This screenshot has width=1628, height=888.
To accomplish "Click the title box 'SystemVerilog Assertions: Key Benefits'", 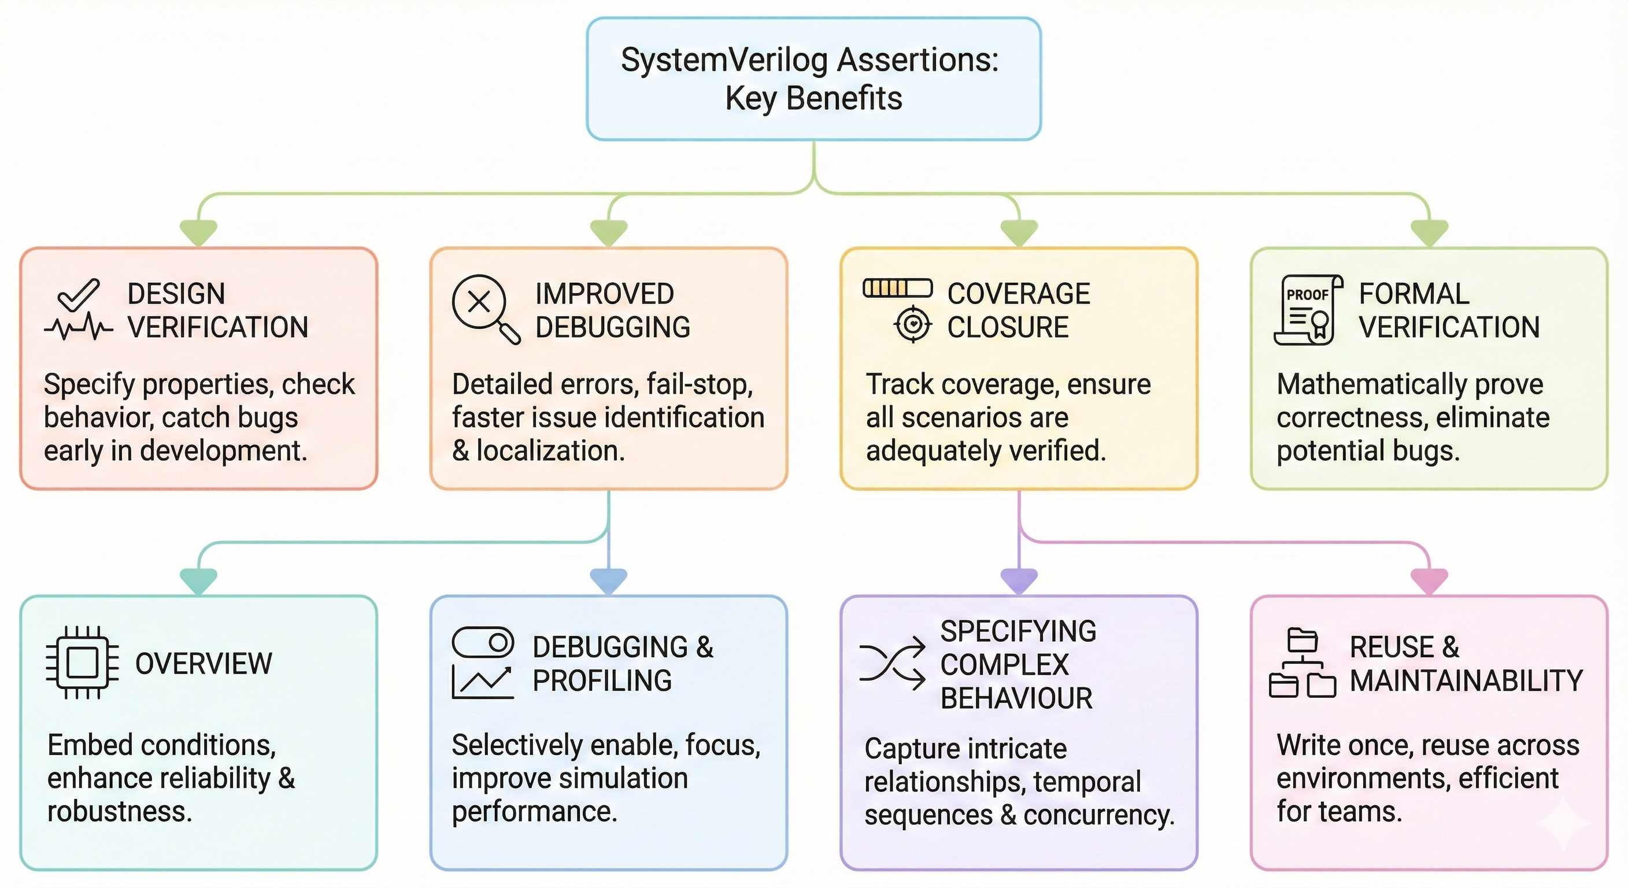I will tap(813, 79).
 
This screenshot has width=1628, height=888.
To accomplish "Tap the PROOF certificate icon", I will tap(1308, 310).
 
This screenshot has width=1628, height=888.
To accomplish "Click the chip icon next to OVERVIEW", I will tap(82, 663).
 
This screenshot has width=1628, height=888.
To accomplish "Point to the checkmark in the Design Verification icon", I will tap(79, 294).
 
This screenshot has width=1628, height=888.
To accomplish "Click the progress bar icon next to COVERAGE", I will tap(897, 288).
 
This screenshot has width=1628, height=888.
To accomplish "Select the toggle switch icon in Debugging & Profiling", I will tap(483, 643).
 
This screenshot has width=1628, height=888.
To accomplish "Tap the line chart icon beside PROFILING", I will tap(482, 683).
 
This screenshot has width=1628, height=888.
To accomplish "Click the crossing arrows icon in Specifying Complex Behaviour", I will tap(891, 664).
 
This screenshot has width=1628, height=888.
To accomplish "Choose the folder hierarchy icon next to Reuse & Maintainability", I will tap(1302, 663).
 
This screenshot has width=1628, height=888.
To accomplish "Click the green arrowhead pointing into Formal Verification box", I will tap(1430, 232).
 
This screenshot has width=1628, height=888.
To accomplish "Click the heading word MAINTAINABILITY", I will tap(1466, 680).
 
